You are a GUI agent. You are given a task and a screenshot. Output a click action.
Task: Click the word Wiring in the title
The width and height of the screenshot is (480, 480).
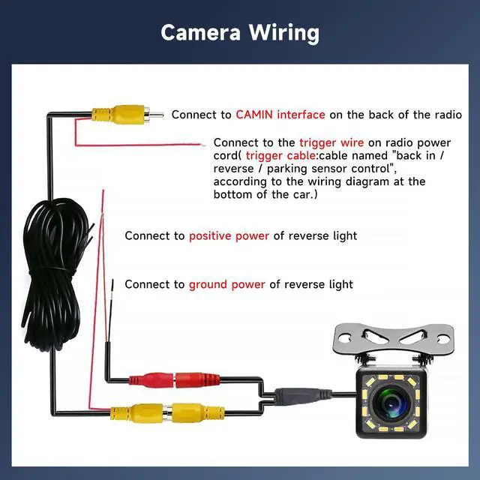point(283,33)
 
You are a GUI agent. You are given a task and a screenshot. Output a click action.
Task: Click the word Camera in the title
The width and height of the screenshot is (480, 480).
point(200,32)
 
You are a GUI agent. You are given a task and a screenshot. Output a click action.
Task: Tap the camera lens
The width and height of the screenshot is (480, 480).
point(391,403)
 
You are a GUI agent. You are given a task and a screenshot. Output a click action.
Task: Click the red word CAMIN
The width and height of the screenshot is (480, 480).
point(254,115)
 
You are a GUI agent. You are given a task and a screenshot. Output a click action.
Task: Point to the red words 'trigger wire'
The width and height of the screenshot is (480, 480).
point(331,142)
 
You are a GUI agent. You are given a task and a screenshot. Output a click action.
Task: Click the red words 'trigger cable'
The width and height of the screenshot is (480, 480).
point(280,155)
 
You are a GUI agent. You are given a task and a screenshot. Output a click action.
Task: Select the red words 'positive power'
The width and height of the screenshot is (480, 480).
point(229,236)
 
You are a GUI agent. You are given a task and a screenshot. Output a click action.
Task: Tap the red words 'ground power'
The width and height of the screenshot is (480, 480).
point(226,285)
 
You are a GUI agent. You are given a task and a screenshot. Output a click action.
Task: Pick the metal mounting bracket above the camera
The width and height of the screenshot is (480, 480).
point(394,339)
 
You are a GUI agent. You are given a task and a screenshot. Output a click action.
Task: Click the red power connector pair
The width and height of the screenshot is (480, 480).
point(175,379)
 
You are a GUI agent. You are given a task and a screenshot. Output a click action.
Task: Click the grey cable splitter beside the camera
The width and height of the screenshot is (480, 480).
point(302,395)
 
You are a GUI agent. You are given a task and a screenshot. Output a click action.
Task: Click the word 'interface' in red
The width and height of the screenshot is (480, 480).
point(301,115)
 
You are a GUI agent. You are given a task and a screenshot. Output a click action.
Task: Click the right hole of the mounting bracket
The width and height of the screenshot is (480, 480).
point(442,339)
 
